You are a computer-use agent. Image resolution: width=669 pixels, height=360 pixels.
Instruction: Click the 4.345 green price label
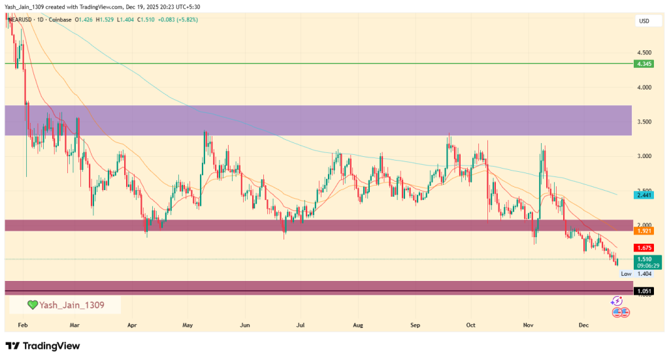point(644,63)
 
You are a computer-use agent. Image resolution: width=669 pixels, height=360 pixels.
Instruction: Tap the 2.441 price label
point(644,195)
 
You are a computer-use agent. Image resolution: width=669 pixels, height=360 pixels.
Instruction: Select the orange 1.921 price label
point(644,231)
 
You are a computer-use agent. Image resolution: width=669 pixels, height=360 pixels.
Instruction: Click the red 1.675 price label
point(644,248)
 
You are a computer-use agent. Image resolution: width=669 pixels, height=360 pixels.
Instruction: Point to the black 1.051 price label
point(644,291)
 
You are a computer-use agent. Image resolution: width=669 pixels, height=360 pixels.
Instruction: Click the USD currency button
point(644,22)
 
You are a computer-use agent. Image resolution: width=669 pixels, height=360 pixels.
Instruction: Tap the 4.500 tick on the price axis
point(644,52)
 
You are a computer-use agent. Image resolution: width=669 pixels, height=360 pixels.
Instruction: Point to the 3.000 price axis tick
point(644,157)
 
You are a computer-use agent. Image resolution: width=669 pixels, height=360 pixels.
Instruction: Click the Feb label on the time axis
point(22,324)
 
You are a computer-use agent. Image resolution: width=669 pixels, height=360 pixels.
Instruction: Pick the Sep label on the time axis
point(416,324)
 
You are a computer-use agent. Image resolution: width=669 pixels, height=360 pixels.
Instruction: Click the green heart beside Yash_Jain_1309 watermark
point(32,305)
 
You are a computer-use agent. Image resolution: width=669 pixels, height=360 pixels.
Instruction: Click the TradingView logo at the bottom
point(42,346)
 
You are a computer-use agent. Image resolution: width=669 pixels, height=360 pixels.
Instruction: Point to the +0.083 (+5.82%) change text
point(176,20)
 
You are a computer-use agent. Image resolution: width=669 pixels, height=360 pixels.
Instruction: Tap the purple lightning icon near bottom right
point(616,301)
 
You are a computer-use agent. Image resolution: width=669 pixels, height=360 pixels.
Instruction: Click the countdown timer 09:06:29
point(644,266)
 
